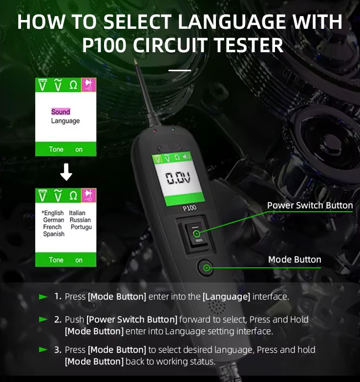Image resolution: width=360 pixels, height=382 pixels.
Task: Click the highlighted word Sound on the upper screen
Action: pos(61,112)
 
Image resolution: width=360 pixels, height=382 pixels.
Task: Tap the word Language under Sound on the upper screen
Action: pos(65,121)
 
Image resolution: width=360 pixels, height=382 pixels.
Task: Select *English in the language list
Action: pos(53,213)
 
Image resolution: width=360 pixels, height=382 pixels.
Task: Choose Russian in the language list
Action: pos(80,220)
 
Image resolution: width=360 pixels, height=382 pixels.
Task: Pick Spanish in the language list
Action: pos(54,234)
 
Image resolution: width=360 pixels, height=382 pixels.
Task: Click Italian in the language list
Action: pos(77,213)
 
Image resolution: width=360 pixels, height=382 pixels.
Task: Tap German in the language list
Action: pos(54,220)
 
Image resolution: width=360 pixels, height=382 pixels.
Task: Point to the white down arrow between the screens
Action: pos(66,172)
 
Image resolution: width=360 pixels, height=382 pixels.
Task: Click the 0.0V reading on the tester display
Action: pos(178,178)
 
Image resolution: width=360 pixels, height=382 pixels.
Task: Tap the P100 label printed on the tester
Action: pos(190,208)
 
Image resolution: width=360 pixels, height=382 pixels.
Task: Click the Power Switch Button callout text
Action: pos(310,205)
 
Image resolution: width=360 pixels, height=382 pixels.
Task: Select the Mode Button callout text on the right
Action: pos(295,260)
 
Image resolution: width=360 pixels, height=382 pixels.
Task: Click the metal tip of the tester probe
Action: pos(135,61)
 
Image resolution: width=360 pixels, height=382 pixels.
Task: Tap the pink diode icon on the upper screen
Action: pos(88,85)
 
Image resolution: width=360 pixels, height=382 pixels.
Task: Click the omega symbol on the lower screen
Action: pos(73,195)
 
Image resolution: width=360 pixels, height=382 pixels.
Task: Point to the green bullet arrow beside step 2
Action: pos(43,319)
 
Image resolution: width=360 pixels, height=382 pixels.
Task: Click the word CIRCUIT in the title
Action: pos(170,45)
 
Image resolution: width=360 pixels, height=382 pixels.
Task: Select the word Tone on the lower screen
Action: pos(56,260)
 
